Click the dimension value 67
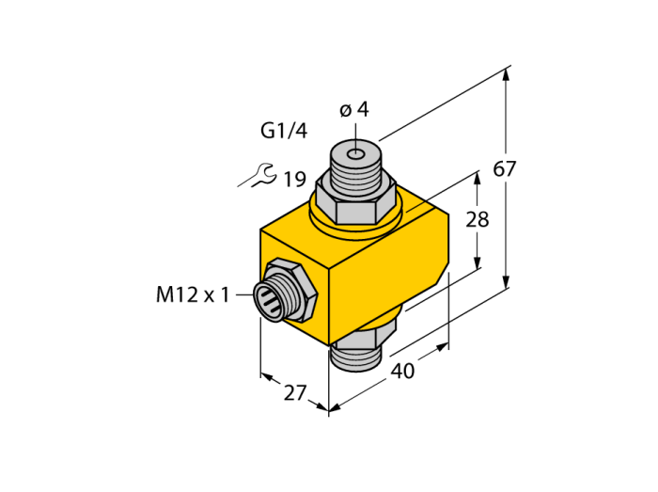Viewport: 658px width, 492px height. click(x=504, y=168)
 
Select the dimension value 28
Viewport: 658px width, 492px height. click(x=478, y=219)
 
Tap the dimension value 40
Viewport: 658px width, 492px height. click(x=402, y=371)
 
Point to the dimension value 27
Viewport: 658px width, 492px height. click(x=296, y=393)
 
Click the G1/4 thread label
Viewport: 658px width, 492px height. click(x=284, y=131)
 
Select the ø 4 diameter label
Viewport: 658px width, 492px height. click(x=353, y=109)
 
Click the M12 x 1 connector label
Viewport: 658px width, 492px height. click(x=193, y=294)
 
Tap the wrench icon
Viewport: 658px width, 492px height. click(x=258, y=175)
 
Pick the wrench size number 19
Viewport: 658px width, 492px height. click(x=295, y=180)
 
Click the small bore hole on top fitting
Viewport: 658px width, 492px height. click(x=356, y=154)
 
